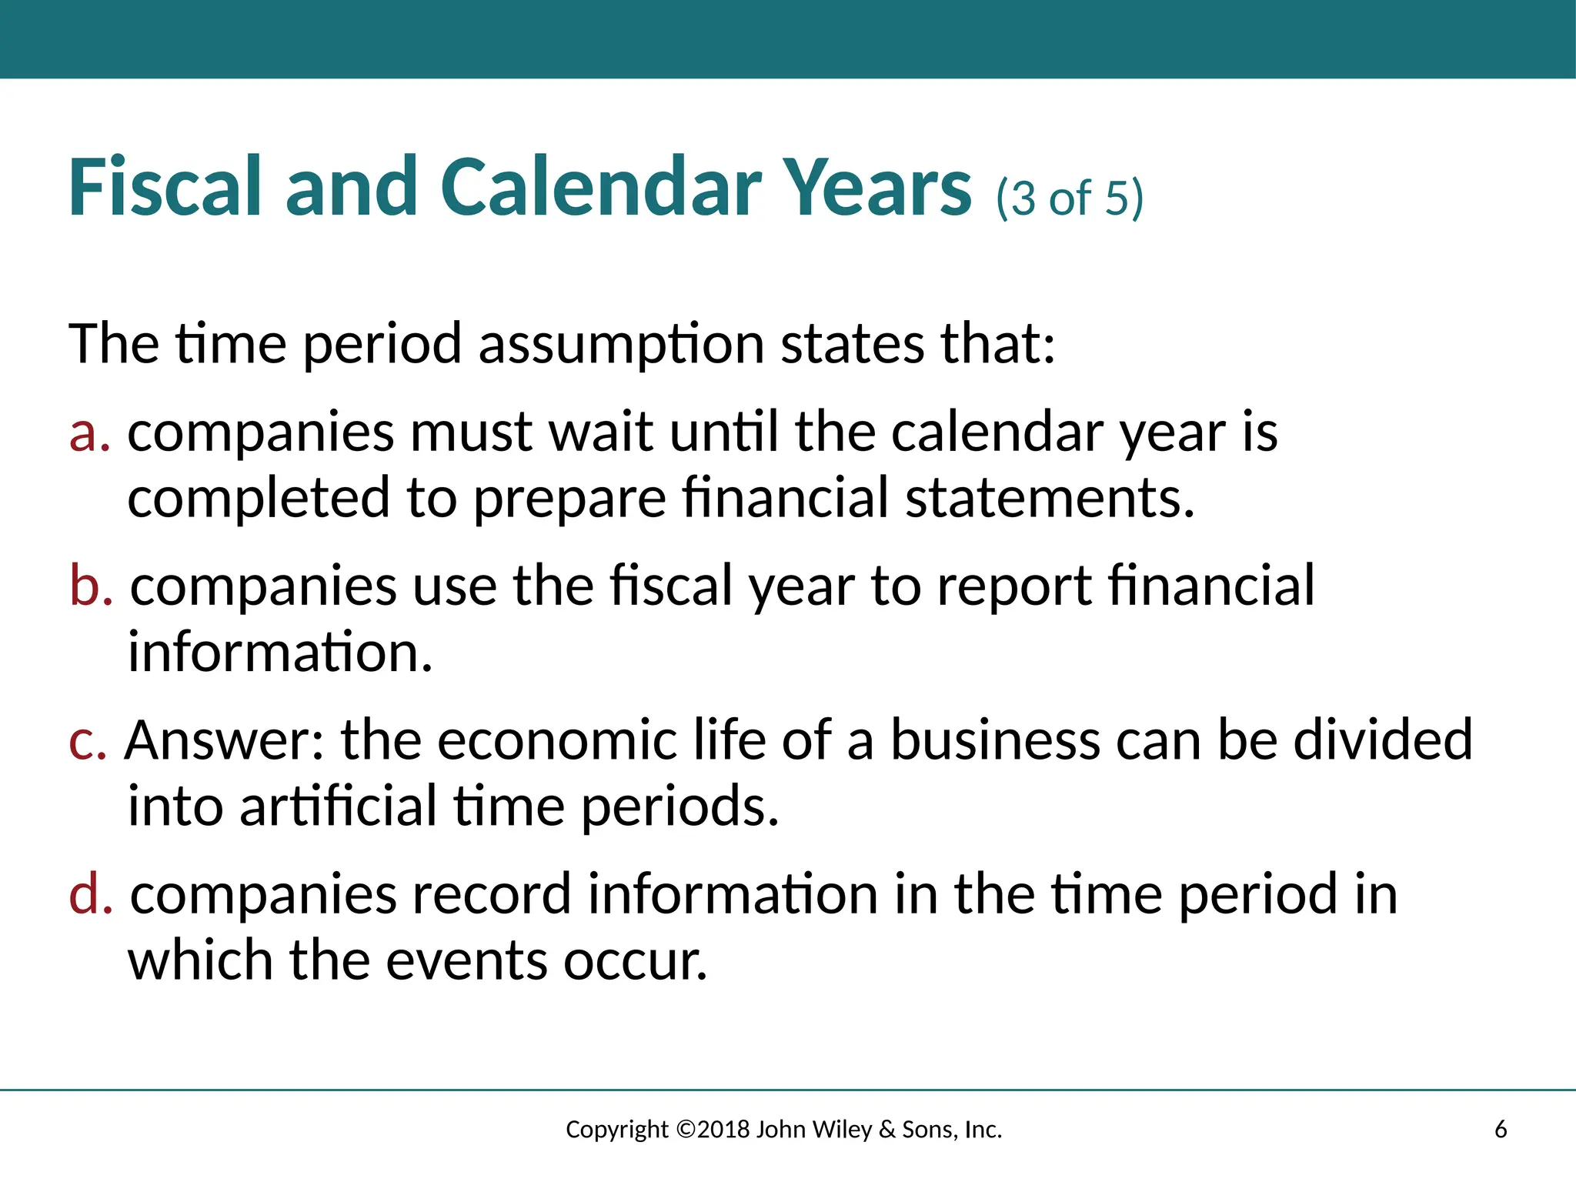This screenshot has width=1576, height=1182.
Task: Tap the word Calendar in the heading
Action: [601, 187]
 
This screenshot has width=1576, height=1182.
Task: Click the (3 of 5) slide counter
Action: [1070, 199]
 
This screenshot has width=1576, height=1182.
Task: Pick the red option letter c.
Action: [88, 741]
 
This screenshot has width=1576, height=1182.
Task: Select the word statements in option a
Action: [1049, 498]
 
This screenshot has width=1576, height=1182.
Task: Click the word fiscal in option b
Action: [670, 586]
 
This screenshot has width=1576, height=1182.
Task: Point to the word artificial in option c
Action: [338, 806]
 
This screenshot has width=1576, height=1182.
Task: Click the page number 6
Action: [1500, 1130]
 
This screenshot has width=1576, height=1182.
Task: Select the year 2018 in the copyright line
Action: [723, 1130]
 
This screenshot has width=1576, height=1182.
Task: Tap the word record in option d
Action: [493, 894]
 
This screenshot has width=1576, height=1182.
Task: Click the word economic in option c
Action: [556, 740]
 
